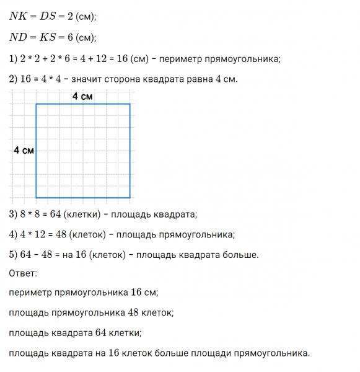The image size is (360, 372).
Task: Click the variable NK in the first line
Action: [19, 17]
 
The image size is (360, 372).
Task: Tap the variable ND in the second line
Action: [19, 37]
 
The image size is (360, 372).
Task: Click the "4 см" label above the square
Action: [83, 96]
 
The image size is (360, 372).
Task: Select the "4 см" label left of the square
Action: [24, 151]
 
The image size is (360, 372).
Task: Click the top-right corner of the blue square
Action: [130, 104]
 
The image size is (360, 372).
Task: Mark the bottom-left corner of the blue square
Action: [36, 198]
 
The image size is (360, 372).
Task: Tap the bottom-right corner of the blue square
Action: [130, 198]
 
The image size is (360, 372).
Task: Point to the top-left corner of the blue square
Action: [36, 104]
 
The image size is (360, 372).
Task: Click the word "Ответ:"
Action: [24, 273]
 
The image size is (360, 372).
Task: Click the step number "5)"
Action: [13, 254]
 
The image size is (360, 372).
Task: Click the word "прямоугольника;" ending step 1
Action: [240, 59]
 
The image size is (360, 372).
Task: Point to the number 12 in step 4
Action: [36, 234]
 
